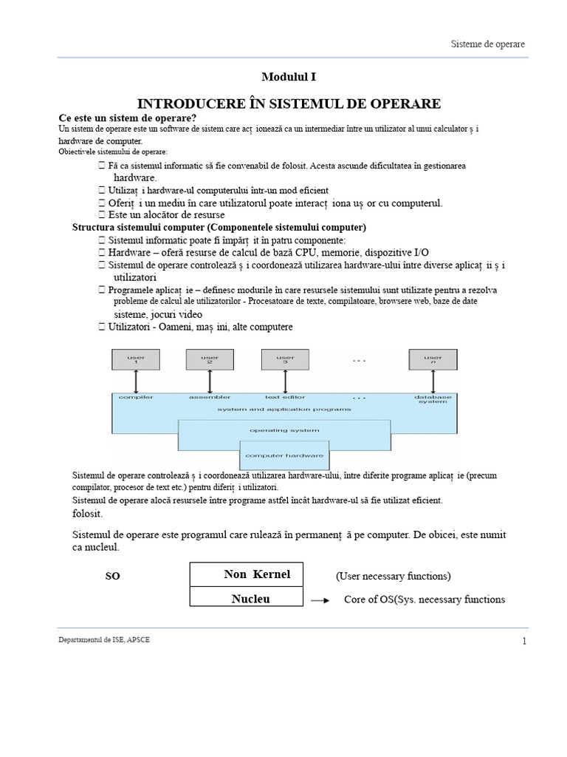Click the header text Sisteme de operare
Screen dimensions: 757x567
coord(488,44)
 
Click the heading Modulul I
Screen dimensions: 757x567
coord(290,77)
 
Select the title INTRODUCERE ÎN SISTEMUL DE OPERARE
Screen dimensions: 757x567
coord(290,103)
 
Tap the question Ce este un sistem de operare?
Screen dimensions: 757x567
coord(128,118)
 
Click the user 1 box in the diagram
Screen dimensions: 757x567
coord(136,360)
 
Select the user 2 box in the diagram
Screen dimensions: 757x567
coord(210,360)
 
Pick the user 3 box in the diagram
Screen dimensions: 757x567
coord(285,360)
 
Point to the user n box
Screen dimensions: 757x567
coord(433,360)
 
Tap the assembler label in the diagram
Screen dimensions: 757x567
coord(210,398)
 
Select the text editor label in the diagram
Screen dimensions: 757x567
coord(285,398)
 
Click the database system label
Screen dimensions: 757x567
coord(433,400)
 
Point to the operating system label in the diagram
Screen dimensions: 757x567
coord(284,430)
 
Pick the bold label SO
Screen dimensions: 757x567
coord(112,577)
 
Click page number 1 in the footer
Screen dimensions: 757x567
coord(524,641)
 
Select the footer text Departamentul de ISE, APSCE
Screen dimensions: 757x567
coord(104,639)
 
